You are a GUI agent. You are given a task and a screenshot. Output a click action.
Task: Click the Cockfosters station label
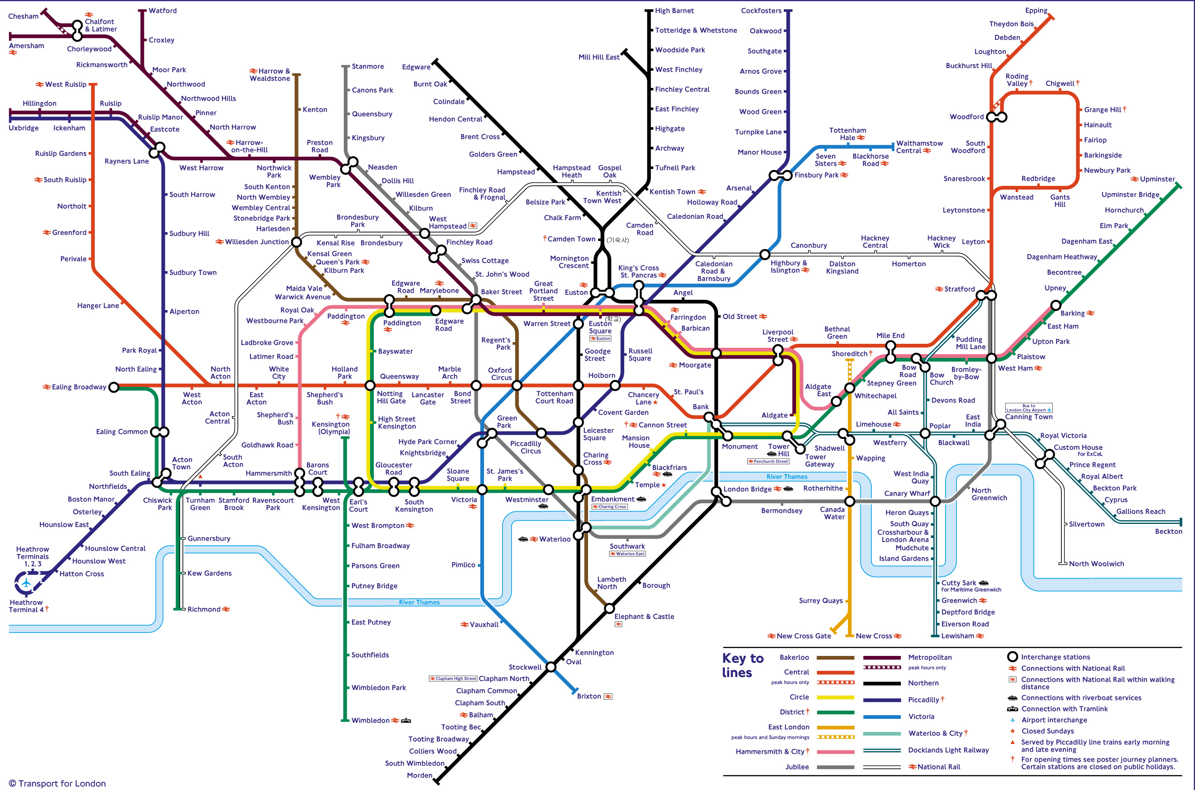761,11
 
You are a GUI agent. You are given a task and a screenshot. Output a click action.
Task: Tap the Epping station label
1036,11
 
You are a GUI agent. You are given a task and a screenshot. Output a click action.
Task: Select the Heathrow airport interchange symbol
26,584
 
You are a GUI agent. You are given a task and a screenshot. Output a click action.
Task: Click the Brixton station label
588,696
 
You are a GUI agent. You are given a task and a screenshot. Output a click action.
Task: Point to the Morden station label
419,775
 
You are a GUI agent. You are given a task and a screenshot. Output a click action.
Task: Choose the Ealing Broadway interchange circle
114,387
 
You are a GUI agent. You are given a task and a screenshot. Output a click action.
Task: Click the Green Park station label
506,422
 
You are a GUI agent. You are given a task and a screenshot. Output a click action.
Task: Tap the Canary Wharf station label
907,493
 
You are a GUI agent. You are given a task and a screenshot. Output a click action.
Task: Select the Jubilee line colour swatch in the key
835,767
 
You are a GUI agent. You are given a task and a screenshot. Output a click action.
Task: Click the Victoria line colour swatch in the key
882,716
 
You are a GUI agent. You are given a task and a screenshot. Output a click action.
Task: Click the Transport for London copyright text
57,783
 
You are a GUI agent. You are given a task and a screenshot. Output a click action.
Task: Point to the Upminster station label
1157,179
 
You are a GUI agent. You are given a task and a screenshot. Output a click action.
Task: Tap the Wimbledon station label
370,720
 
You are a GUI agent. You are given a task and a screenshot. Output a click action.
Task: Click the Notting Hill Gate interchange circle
370,385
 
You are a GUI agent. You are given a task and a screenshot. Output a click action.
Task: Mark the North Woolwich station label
1096,564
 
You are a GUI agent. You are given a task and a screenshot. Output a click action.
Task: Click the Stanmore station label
367,67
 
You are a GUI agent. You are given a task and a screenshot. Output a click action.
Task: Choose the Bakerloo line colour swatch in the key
835,658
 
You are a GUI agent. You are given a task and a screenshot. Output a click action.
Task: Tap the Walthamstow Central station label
919,147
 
